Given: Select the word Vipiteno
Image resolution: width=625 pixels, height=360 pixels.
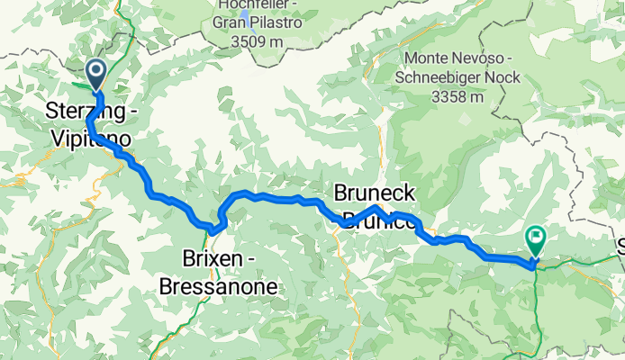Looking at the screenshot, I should pyautogui.click(x=94, y=139).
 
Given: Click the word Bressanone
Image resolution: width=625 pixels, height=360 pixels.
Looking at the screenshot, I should pyautogui.click(x=218, y=287).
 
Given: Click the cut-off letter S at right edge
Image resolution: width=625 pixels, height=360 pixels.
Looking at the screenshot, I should pyautogui.click(x=620, y=243).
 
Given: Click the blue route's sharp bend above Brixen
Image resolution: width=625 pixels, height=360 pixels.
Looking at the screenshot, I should pyautogui.click(x=216, y=226).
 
